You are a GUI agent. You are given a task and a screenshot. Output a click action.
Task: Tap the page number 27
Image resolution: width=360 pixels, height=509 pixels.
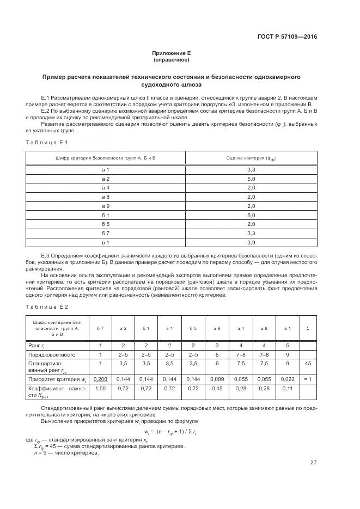(313, 463)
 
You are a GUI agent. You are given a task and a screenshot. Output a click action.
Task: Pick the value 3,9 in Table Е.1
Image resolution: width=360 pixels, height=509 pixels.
(251, 242)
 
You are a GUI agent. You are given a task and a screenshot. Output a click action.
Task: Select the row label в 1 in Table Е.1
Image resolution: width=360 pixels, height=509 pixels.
(106, 242)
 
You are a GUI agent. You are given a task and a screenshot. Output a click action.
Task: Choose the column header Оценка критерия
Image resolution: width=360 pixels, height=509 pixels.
(251, 158)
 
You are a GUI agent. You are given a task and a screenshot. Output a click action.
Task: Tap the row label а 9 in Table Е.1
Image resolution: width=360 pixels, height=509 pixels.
(106, 206)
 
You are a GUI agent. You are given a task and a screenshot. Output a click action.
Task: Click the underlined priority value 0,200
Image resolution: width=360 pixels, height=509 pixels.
(100, 378)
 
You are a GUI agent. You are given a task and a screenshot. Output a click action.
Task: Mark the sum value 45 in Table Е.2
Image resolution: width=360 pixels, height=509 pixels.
(308, 363)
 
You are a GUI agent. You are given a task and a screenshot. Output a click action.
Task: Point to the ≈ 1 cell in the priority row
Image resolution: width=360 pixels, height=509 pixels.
(308, 378)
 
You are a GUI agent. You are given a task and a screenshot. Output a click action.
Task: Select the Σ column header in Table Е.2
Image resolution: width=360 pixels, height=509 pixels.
(308, 328)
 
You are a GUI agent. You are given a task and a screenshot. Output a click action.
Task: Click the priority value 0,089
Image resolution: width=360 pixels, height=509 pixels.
(217, 378)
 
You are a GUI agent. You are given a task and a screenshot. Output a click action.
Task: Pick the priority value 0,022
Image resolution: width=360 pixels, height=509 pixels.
(288, 378)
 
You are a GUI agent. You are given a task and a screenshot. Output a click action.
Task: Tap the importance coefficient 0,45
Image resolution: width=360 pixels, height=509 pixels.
(217, 389)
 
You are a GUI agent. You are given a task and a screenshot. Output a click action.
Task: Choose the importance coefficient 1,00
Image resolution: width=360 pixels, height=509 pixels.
(100, 389)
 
